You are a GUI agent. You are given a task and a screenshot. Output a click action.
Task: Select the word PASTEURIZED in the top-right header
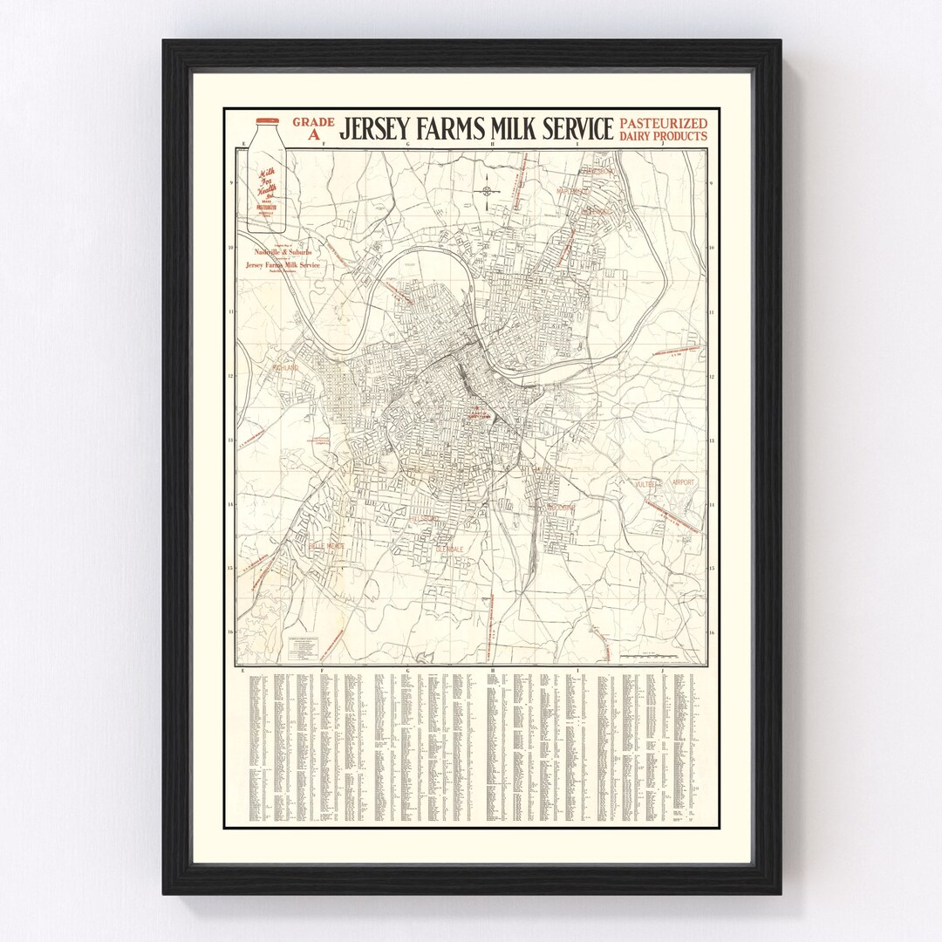coord(664,123)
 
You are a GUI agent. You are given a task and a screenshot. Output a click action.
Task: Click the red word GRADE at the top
coord(313,122)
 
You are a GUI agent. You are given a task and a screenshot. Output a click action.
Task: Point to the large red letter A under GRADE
coord(314,135)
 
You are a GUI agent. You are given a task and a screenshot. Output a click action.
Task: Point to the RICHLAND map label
coord(285,368)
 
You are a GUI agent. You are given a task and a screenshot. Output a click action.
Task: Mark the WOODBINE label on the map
coord(555,507)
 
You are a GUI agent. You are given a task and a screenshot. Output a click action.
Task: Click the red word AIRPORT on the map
coord(683,481)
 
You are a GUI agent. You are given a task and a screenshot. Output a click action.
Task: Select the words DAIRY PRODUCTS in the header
coord(664,136)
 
